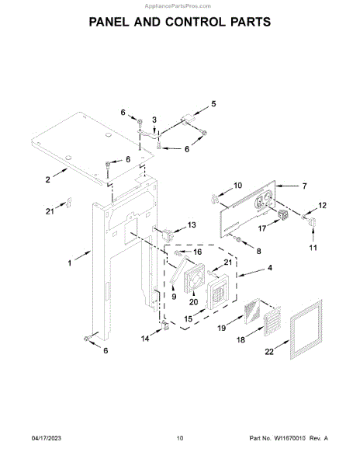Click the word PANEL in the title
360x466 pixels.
pyautogui.click(x=109, y=23)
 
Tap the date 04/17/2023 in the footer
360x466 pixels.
pyautogui.click(x=47, y=438)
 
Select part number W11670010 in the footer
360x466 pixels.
pyautogui.click(x=289, y=438)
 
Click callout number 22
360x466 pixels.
pyautogui.click(x=269, y=352)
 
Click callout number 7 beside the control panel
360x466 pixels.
pyautogui.click(x=304, y=186)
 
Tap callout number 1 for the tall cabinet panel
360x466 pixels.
pyautogui.click(x=70, y=263)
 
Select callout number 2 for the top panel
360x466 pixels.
pyautogui.click(x=48, y=179)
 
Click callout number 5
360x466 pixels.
pyautogui.click(x=213, y=104)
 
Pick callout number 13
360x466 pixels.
pyautogui.click(x=192, y=225)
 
